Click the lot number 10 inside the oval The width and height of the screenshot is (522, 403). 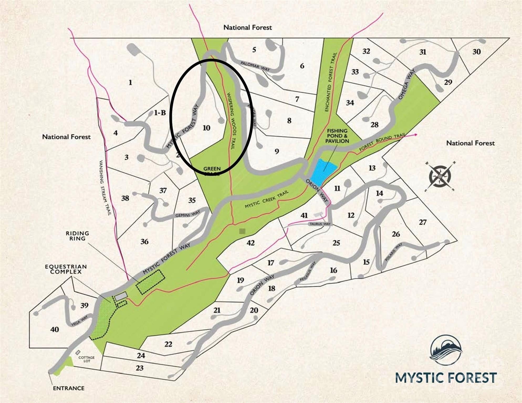point(206,128)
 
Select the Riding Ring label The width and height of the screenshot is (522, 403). point(77,236)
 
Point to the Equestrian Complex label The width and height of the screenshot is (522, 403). point(66,269)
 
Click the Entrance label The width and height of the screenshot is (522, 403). point(69,388)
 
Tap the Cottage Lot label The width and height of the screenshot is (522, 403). point(86,359)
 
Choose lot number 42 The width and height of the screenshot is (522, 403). point(250,243)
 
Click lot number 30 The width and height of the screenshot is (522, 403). point(476,52)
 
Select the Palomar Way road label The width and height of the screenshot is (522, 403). point(255,66)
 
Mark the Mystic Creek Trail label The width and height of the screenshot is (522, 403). point(267,199)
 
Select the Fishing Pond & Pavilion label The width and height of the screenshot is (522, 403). point(337,136)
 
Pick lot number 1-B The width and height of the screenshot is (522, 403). point(160,113)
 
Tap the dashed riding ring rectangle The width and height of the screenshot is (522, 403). point(150,282)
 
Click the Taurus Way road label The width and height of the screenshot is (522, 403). point(320,224)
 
